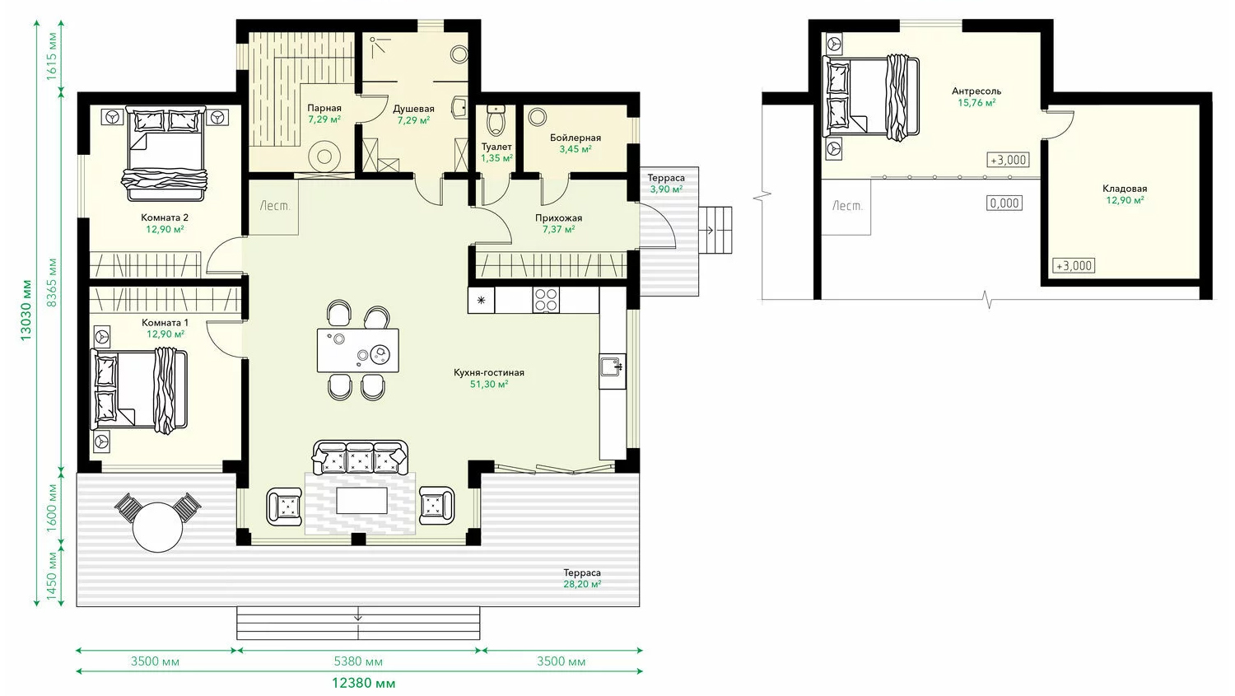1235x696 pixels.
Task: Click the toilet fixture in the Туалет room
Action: (496, 120)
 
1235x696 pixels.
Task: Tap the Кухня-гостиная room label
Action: (489, 373)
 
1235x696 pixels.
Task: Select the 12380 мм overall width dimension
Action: (363, 684)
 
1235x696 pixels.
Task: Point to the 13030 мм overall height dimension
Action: (26, 310)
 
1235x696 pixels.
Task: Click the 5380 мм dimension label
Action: (358, 661)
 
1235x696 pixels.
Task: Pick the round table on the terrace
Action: (158, 527)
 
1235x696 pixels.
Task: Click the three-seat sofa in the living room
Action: (361, 457)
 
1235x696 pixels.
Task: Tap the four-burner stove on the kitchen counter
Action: (546, 300)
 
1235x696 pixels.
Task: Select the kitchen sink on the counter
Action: (613, 367)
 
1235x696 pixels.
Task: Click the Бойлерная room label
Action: (575, 138)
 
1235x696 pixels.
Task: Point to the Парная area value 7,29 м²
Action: (324, 119)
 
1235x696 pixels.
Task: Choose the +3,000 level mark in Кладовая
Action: (1074, 266)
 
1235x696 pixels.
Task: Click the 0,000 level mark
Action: (1004, 203)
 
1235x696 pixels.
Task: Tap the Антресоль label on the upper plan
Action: (976, 91)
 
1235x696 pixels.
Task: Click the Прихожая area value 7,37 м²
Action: (558, 230)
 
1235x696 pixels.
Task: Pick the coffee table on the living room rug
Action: (361, 500)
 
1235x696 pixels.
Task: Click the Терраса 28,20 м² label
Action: (581, 578)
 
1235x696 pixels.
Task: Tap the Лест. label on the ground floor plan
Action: (274, 206)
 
